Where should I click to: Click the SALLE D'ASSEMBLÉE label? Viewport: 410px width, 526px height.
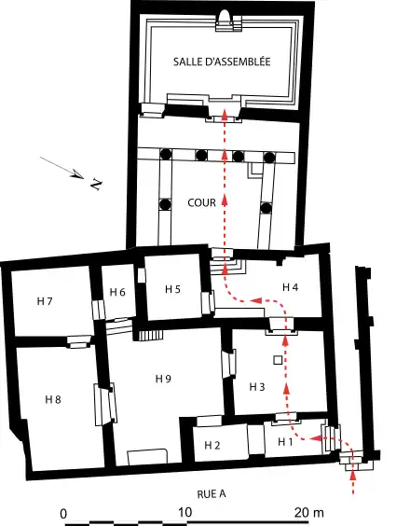click(221, 61)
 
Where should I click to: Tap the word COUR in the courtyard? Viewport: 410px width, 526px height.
click(202, 202)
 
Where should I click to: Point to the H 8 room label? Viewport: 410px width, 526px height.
click(53, 399)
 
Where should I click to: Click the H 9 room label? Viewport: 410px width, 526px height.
click(163, 378)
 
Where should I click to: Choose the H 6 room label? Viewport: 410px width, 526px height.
click(116, 292)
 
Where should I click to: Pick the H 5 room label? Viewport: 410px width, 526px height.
click(173, 289)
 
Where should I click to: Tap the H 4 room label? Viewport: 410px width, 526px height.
click(290, 286)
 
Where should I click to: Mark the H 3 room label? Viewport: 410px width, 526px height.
click(257, 386)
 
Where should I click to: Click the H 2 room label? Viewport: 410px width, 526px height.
click(212, 445)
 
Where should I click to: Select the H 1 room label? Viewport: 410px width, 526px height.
click(284, 441)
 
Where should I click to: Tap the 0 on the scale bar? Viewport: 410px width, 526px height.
click(63, 513)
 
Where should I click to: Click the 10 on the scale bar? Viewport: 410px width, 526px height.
click(184, 513)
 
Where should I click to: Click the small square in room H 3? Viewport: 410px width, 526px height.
click(277, 360)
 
